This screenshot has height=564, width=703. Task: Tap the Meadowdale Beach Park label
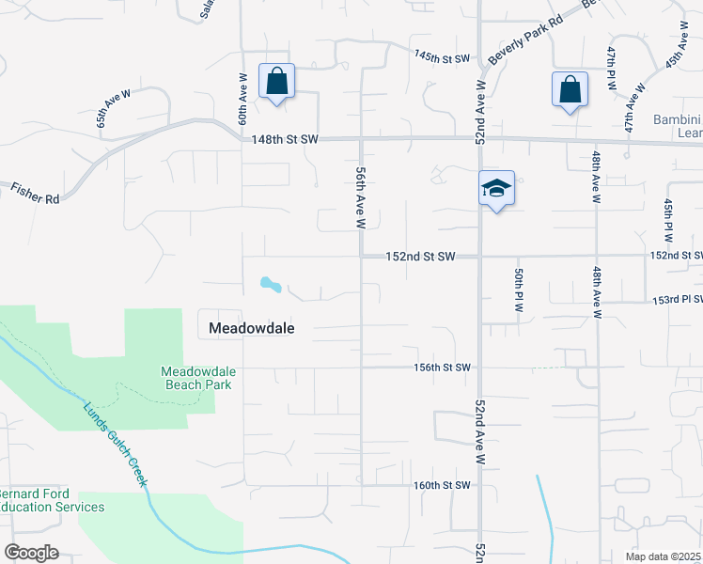coord(198,378)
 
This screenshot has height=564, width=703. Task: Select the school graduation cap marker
coord(496,189)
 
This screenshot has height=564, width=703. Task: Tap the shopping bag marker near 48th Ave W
coord(570,90)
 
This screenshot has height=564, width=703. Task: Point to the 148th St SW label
coord(286,140)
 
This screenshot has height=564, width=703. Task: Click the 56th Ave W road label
coord(360,197)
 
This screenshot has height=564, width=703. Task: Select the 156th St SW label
coord(441,368)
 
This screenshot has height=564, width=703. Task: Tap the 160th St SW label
coord(441,486)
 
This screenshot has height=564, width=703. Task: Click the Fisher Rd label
coord(36,194)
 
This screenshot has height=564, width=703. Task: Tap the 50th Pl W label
coord(518,290)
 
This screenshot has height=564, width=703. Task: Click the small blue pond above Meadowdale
coord(270,283)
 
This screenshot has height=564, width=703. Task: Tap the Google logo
coord(31,552)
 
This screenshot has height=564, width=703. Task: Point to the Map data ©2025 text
coord(663,556)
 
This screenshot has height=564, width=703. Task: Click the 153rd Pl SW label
coord(678,300)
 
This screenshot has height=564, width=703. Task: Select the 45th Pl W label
coord(668,217)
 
